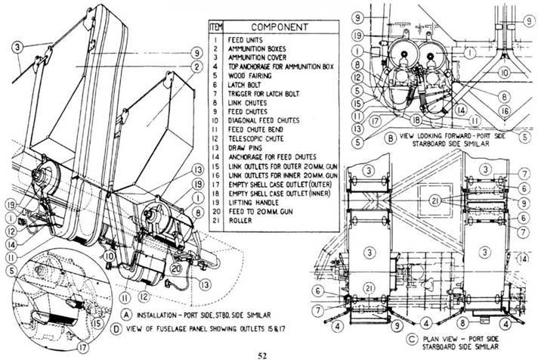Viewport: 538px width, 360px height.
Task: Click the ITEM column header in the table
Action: pos(215,26)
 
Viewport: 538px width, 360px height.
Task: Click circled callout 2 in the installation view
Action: pos(196,66)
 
